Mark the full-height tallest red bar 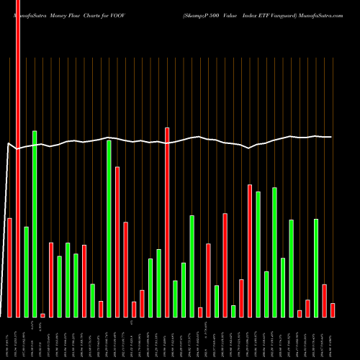coord(18,158)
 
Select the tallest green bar coord(35,223)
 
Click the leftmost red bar coord(10,266)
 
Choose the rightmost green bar coord(316,267)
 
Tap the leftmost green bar coord(27,271)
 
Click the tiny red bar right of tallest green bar coord(42,315)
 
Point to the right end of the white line coord(331,137)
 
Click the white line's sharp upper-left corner coord(8,144)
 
